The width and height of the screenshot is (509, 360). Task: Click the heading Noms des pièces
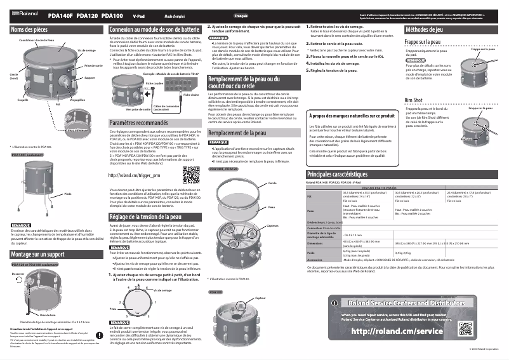click(x=30, y=30)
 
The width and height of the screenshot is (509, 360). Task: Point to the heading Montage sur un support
click(x=39, y=254)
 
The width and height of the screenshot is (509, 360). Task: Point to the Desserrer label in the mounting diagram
click(x=18, y=274)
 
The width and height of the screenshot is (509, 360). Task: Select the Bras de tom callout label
click(x=48, y=315)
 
